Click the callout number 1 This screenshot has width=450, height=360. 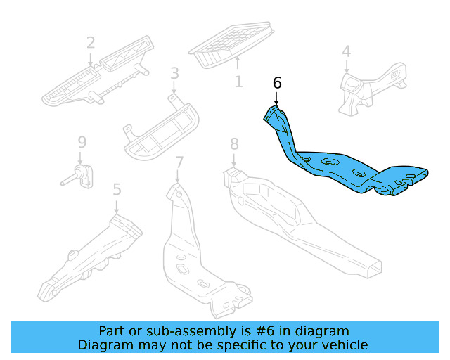click(238, 82)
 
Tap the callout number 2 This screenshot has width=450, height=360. click(91, 43)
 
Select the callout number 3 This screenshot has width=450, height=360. click(174, 73)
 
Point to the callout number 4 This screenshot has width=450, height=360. click(346, 51)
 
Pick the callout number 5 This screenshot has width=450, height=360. click(117, 189)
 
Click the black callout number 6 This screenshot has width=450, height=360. click(277, 83)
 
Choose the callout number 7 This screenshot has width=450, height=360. click(179, 162)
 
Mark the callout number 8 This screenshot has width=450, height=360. click(234, 145)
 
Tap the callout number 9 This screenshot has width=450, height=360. click(81, 143)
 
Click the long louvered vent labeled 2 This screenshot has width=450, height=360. click(95, 79)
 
